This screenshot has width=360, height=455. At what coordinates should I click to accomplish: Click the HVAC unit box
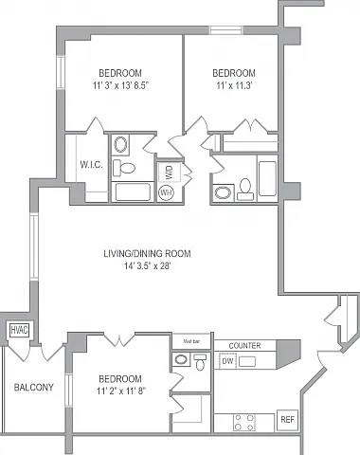click(19, 330)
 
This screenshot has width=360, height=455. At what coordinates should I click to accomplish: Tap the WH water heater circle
click(166, 192)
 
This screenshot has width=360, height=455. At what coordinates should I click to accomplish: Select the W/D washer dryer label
click(170, 173)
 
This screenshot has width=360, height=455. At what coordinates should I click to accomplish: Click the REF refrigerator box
click(287, 420)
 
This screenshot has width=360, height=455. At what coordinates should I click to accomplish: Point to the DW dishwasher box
click(227, 361)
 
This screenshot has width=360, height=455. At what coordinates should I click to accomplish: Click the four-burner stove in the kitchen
click(244, 422)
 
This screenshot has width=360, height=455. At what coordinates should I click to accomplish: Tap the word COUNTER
click(244, 346)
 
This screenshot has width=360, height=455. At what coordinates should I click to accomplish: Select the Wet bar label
click(191, 341)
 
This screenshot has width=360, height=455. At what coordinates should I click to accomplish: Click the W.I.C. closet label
click(91, 164)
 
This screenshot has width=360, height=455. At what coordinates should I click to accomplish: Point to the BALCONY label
click(34, 388)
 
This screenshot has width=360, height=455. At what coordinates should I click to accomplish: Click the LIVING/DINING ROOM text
click(147, 253)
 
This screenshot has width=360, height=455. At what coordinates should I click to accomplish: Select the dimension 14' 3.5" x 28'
click(147, 266)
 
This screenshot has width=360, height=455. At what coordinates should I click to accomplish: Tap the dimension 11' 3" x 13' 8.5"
click(120, 85)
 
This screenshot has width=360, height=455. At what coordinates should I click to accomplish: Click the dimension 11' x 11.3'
click(234, 85)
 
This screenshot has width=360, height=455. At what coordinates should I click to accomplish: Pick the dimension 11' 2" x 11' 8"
click(120, 391)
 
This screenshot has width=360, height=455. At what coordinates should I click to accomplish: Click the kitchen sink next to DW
click(247, 361)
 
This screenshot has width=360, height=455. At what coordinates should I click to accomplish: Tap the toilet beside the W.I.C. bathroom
click(124, 168)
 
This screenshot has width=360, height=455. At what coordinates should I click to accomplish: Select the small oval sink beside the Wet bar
click(181, 359)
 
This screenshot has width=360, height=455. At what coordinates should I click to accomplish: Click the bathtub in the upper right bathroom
click(267, 178)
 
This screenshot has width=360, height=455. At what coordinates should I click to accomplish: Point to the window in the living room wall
click(34, 246)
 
